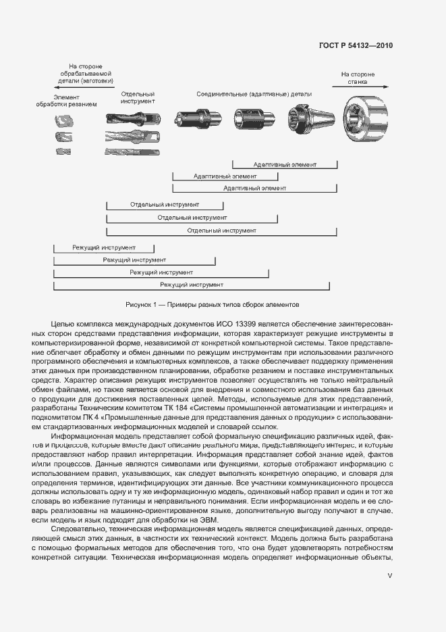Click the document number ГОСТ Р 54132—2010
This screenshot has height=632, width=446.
355,46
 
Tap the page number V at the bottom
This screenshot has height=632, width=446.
389,576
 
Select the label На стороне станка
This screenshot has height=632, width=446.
358,78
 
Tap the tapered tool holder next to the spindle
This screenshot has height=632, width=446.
311,120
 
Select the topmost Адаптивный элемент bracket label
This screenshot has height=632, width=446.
285,164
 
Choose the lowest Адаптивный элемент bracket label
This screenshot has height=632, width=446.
254,188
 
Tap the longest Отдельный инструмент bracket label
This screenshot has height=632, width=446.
222,230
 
